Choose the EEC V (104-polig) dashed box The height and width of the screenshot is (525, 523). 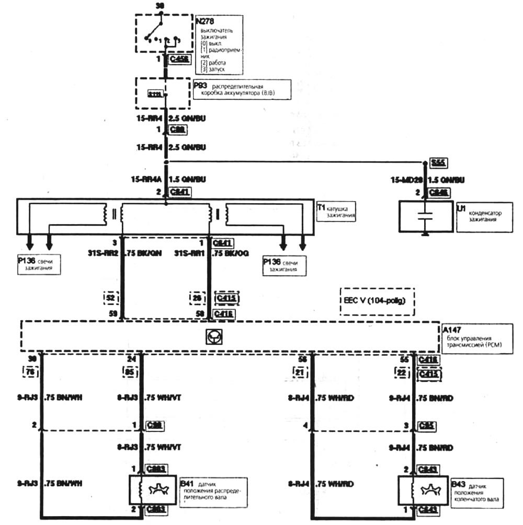coord(377,301)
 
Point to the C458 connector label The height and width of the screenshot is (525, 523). coord(179,60)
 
